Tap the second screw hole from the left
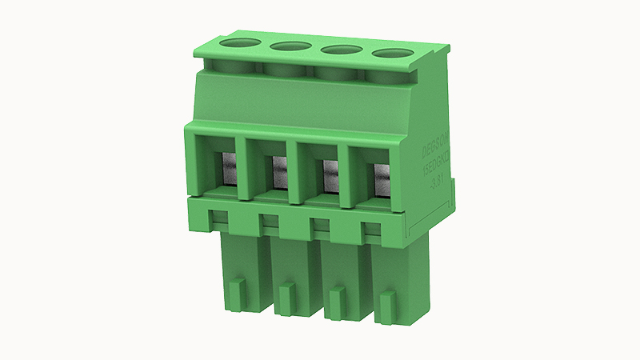pyautogui.click(x=290, y=48)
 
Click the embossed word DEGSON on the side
pyautogui.click(x=437, y=141)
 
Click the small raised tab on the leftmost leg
pyautogui.click(x=236, y=286)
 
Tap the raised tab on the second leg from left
pyautogui.click(x=286, y=290)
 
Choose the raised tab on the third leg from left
pyautogui.click(x=337, y=297)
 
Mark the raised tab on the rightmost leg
pyautogui.click(x=387, y=302)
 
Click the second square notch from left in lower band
pyautogui.click(x=269, y=221)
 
